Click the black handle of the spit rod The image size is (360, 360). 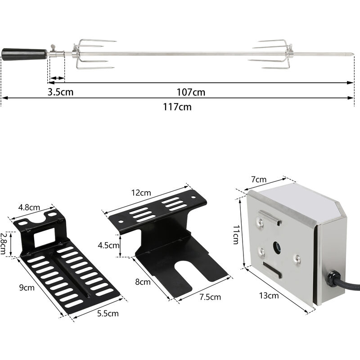[x=25, y=54]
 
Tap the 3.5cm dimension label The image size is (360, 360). [x=61, y=92]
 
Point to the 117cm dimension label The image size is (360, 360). [x=179, y=107]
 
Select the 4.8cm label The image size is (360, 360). [x=29, y=207]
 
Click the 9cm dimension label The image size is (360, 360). [x=26, y=286]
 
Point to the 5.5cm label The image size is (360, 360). [x=108, y=313]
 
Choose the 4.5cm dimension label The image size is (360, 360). [x=108, y=245]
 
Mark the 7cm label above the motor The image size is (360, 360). [x=259, y=180]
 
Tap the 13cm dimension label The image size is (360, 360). [x=269, y=296]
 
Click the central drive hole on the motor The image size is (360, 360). [x=277, y=247]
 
